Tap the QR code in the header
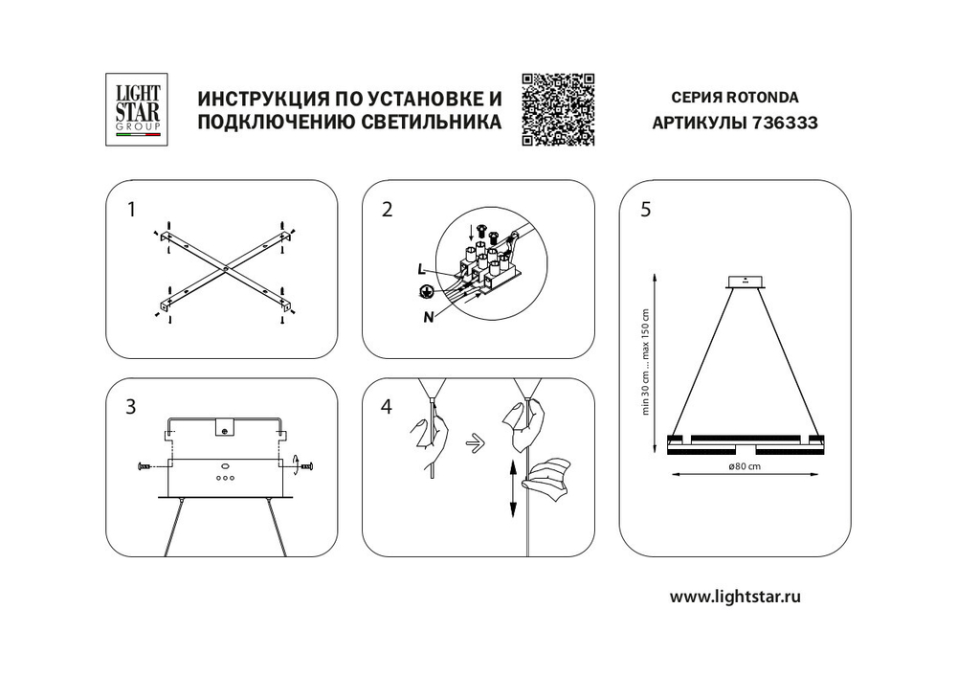pos(558,108)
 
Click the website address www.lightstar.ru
pos(734,596)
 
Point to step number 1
pos(130,210)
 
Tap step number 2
pos(387,210)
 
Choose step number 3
pos(130,406)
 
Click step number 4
pos(387,406)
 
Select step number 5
pos(645,210)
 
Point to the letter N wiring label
pos(426,316)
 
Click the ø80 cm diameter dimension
pos(744,466)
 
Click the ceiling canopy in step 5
pos(746,282)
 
